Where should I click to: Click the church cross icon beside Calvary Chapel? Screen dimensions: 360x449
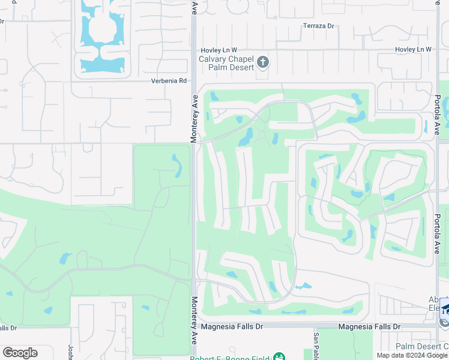pyautogui.click(x=262, y=62)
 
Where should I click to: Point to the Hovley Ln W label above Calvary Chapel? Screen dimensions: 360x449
pyautogui.click(x=218, y=50)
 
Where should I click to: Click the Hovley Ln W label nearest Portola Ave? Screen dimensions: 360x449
pyautogui.click(x=413, y=49)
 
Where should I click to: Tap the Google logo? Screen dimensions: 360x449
pyautogui.click(x=20, y=353)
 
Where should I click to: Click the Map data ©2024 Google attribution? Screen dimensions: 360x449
pyautogui.click(x=412, y=355)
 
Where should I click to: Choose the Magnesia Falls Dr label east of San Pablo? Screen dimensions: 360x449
pyautogui.click(x=369, y=326)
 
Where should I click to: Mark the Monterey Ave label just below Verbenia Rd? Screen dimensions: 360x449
pyautogui.click(x=194, y=118)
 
